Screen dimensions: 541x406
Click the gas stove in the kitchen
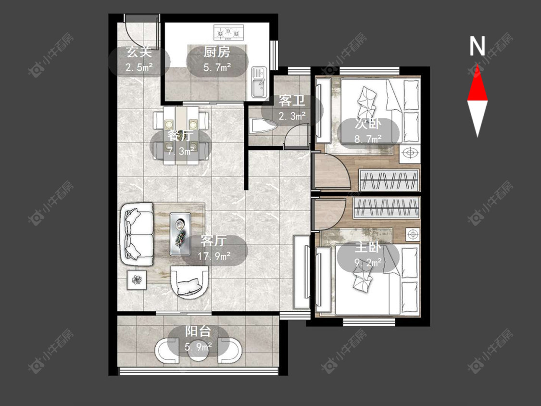[228, 32]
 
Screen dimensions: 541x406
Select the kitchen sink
[259, 82]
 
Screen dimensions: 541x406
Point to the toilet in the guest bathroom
[262, 126]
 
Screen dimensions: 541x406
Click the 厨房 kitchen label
[217, 52]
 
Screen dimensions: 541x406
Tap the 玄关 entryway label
[139, 52]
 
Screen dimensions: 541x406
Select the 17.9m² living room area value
[214, 256]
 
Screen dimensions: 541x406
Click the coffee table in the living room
[180, 234]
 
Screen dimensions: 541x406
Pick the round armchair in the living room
[190, 282]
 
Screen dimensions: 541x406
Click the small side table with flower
[137, 280]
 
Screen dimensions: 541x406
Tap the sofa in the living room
[137, 235]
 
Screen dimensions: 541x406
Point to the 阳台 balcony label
[198, 331]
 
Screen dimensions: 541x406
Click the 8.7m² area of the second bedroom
[368, 139]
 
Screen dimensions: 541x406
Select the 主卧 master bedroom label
[368, 248]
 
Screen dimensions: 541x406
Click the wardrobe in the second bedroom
[389, 180]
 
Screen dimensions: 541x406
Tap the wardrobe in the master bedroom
[387, 208]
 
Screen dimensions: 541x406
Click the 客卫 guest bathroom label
[292, 101]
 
